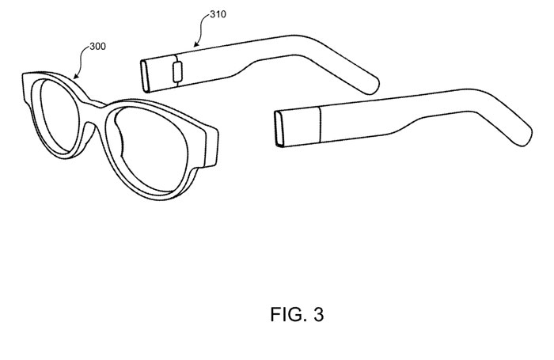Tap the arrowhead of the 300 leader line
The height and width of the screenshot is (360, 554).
[x=75, y=78]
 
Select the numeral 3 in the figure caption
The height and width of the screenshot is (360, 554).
[x=317, y=314]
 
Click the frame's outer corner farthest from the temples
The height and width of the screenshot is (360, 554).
[x=25, y=79]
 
